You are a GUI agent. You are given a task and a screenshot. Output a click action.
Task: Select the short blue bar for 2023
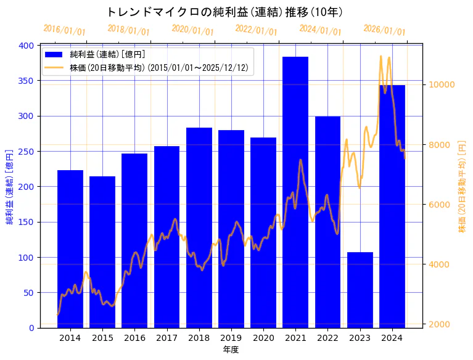pyautogui.click(x=360, y=290)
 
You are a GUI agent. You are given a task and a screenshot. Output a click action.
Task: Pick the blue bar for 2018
pyautogui.click(x=199, y=227)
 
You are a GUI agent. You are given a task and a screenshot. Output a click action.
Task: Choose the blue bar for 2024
pyautogui.click(x=392, y=207)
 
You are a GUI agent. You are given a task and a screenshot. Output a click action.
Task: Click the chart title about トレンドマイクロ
pyautogui.click(x=224, y=12)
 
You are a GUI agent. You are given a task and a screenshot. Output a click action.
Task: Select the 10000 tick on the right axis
pyautogui.click(x=442, y=85)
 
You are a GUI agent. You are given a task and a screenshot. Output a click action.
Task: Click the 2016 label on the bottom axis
pyautogui.click(x=134, y=338)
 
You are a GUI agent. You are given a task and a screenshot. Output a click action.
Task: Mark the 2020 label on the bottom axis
pyautogui.click(x=263, y=338)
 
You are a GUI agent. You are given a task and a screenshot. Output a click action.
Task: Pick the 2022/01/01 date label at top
pyautogui.click(x=257, y=30)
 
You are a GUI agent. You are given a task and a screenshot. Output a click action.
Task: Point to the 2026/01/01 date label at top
pyautogui.click(x=384, y=30)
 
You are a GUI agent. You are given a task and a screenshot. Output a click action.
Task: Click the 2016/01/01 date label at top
pyautogui.click(x=64, y=30)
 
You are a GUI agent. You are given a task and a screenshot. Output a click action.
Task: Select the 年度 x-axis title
pyautogui.click(x=231, y=350)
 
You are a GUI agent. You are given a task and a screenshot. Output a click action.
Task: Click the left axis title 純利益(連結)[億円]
pyautogui.click(x=10, y=186)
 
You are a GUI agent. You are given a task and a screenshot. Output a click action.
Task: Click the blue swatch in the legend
pyautogui.click(x=54, y=55)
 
